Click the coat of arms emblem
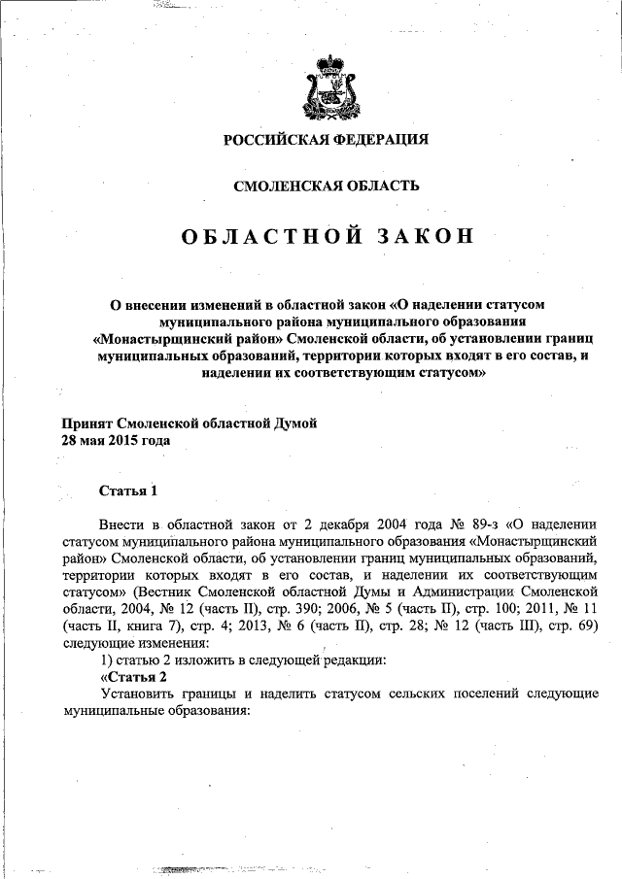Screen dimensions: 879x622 coord(327,85)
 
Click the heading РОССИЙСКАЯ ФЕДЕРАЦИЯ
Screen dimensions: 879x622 coord(327,139)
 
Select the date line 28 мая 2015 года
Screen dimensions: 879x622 coord(116,440)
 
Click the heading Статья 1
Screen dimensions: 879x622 coord(127,489)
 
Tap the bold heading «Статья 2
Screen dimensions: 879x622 coord(135,676)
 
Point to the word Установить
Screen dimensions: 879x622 coord(144,693)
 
